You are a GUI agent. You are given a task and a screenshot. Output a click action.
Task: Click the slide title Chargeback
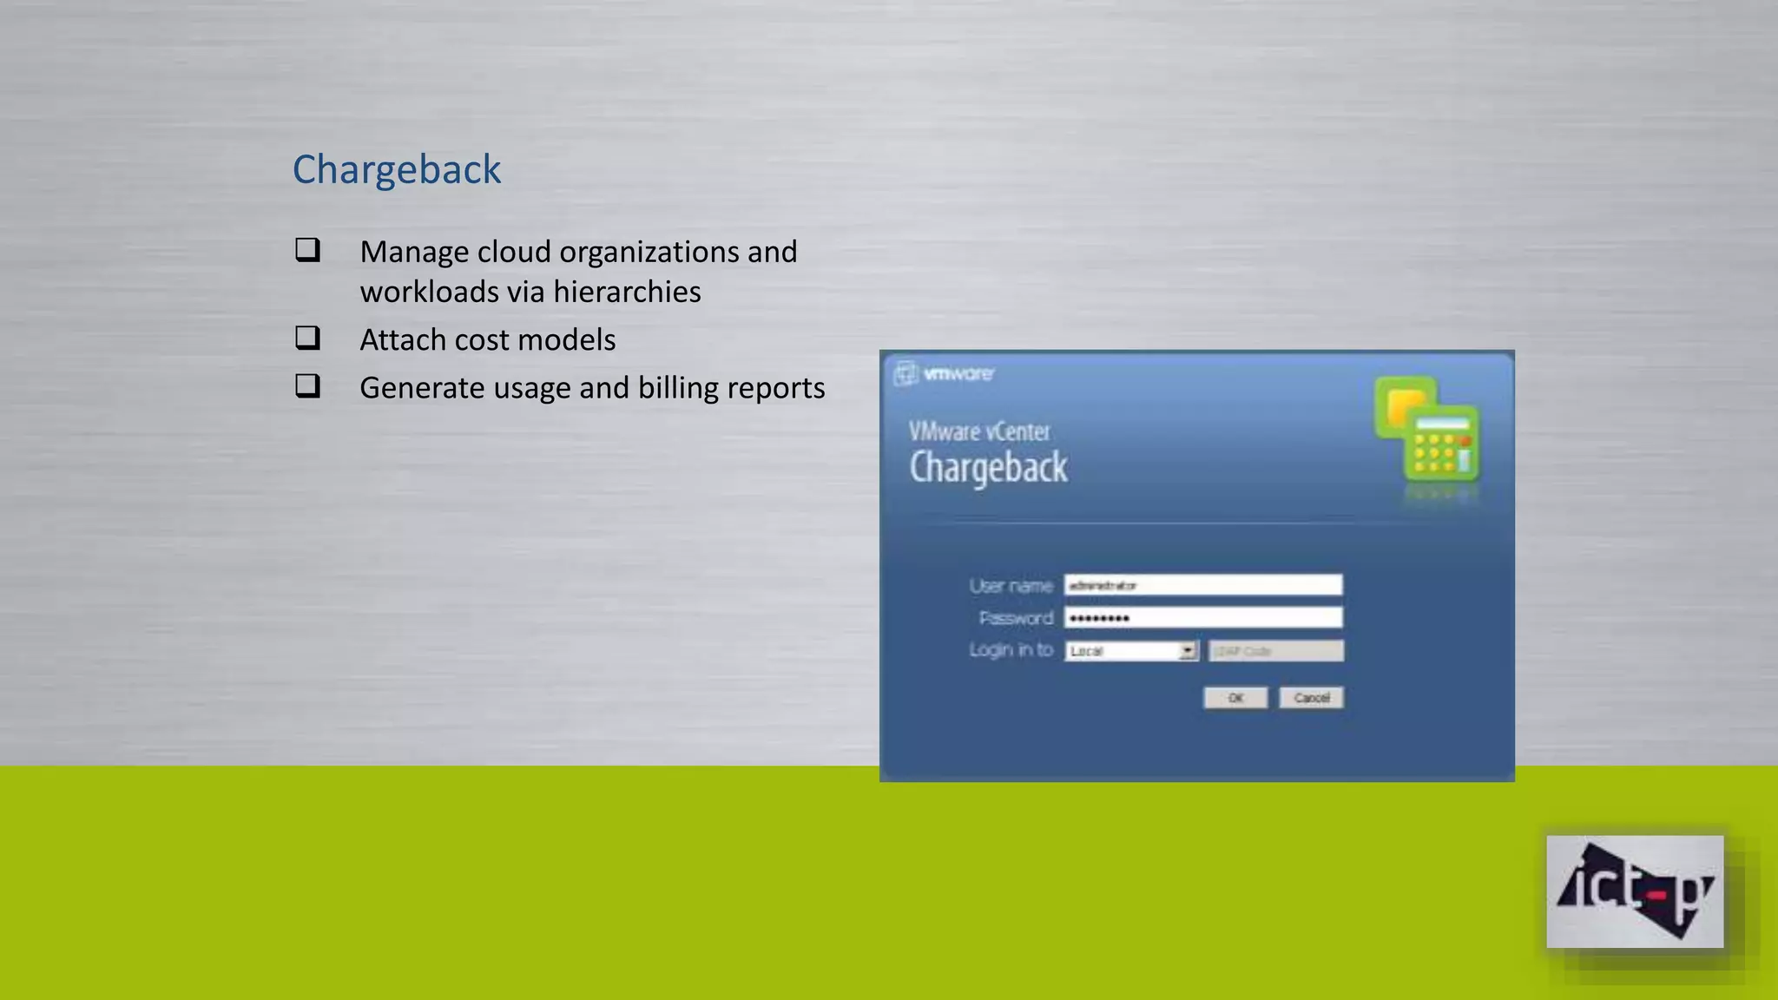click(x=397, y=169)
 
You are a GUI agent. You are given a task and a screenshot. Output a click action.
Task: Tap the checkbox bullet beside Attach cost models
click(x=307, y=338)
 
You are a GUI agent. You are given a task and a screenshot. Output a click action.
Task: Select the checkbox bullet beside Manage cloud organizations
click(x=307, y=250)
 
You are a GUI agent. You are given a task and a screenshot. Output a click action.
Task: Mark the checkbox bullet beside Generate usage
click(x=307, y=385)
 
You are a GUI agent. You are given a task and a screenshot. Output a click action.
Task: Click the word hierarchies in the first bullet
click(x=627, y=292)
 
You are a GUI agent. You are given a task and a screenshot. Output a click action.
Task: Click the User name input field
click(x=1203, y=585)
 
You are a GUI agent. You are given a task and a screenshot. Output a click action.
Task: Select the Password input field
click(x=1203, y=617)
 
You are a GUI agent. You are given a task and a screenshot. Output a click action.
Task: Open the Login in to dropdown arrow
click(x=1188, y=651)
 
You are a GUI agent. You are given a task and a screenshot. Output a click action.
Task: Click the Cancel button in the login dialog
click(x=1311, y=698)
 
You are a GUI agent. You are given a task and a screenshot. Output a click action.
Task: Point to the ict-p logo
click(x=1635, y=891)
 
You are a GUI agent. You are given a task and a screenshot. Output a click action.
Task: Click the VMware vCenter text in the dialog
click(x=979, y=431)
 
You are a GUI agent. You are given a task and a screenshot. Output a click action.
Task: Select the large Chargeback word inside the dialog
click(x=988, y=468)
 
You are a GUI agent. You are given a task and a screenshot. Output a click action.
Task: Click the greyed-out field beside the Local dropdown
click(x=1276, y=651)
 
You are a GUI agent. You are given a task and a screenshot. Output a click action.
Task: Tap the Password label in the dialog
click(x=1016, y=618)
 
